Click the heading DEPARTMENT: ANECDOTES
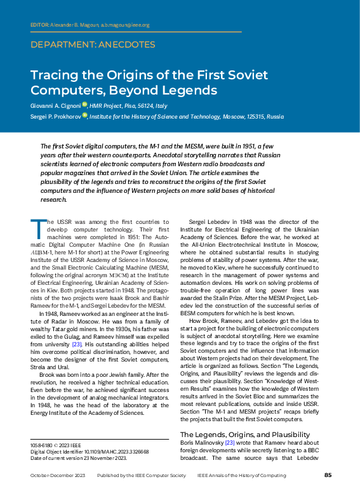(93, 45)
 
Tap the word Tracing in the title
(55, 74)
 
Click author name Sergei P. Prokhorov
(55, 117)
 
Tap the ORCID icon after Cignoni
(84, 105)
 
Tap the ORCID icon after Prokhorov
(84, 117)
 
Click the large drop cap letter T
(36, 225)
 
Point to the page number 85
(328, 475)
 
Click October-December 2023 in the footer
(58, 475)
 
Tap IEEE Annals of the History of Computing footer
(242, 475)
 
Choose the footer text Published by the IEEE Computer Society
(141, 475)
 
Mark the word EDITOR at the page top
(39, 25)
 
